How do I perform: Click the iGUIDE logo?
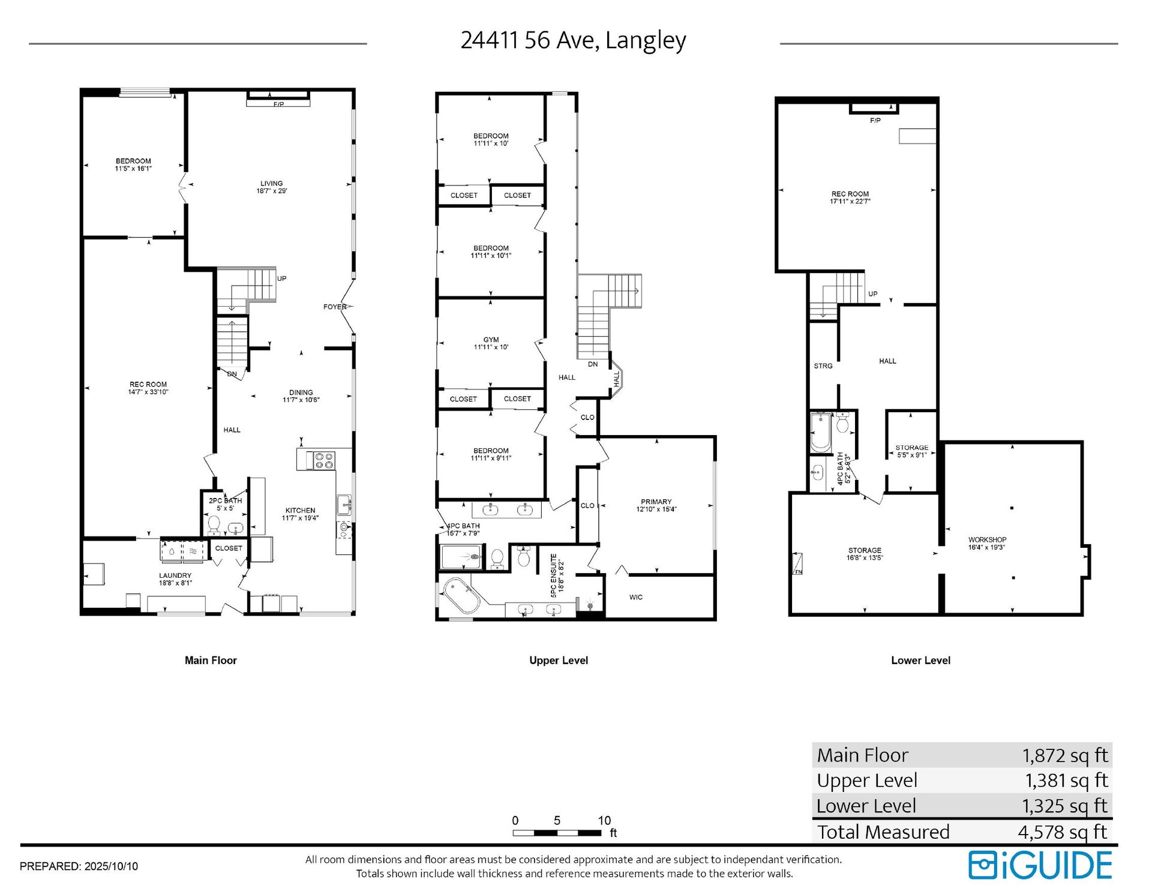[x=1040, y=865]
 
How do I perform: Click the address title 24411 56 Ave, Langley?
[x=573, y=40]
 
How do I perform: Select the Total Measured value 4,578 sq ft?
[x=1063, y=832]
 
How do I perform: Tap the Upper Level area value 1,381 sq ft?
[x=1066, y=780]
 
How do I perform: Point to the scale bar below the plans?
[x=557, y=832]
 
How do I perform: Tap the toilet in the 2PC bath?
[x=214, y=525]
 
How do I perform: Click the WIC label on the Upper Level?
[x=636, y=597]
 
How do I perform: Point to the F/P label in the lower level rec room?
[x=875, y=121]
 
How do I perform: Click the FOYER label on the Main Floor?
[x=335, y=307]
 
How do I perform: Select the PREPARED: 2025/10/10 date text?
[x=79, y=866]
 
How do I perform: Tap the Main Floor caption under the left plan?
[x=211, y=660]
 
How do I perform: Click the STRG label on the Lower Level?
[x=823, y=366]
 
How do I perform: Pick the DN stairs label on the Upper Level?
[x=593, y=364]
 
